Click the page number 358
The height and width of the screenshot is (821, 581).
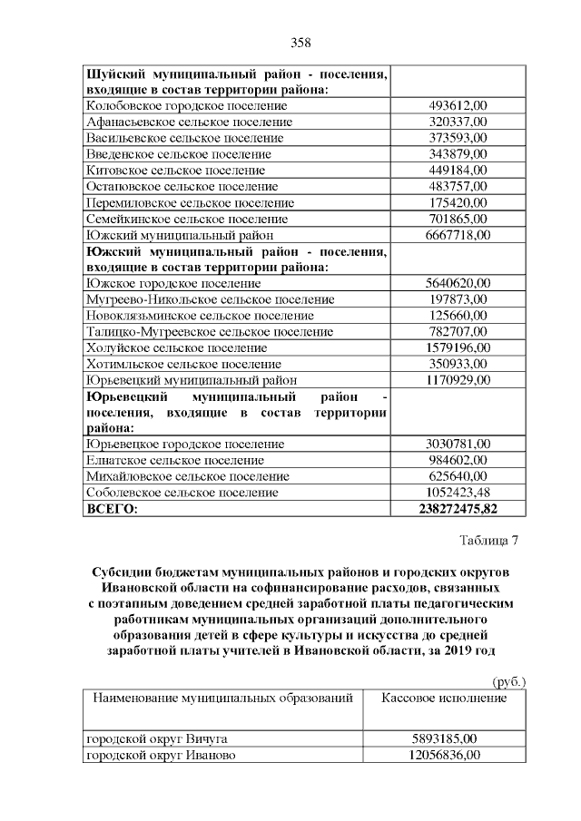point(300,43)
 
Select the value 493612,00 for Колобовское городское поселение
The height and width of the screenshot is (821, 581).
point(458,105)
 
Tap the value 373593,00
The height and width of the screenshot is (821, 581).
point(458,138)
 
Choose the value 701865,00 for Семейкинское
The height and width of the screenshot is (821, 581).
point(458,219)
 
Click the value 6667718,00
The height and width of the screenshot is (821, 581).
point(458,235)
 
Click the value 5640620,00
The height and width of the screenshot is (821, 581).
point(458,284)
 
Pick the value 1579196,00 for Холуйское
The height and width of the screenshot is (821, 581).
point(458,347)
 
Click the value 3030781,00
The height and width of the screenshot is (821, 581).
point(458,445)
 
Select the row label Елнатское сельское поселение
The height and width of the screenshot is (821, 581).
point(174,461)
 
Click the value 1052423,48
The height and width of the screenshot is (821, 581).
point(458,493)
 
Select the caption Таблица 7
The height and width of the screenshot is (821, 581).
point(488,542)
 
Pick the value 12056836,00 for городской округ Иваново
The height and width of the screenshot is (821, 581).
point(444,755)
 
